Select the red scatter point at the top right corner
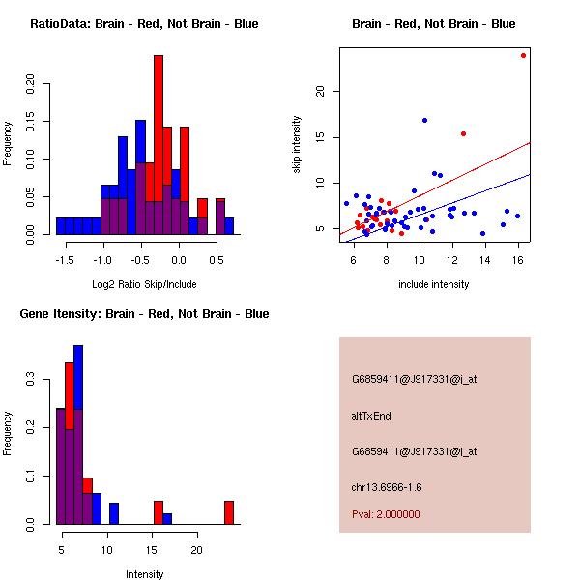click(x=523, y=55)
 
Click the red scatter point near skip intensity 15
click(x=463, y=133)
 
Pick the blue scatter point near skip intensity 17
click(x=424, y=120)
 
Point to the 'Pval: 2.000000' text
click(x=387, y=514)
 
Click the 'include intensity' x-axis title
click(x=434, y=284)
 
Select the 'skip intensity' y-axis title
click(x=298, y=145)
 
